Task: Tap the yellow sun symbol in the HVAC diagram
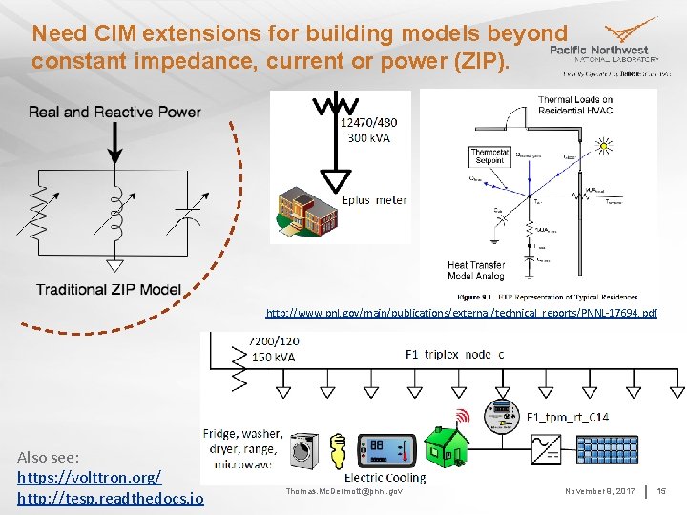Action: (603, 145)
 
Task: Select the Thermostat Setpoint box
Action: (489, 156)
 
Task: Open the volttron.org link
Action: (89, 476)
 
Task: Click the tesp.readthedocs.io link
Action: (110, 498)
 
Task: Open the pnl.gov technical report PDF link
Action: (461, 313)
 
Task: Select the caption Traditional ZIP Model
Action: (108, 289)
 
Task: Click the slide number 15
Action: (661, 490)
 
